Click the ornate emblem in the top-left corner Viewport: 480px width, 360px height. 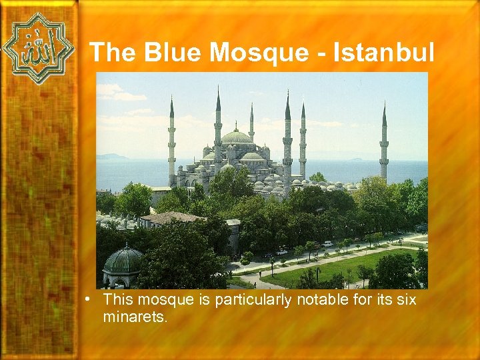tap(37, 48)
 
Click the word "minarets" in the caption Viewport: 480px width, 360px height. tap(135, 317)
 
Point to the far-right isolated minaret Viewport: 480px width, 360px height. tap(384, 143)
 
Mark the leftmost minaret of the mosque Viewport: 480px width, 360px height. tap(171, 140)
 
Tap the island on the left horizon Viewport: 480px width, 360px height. tap(111, 157)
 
